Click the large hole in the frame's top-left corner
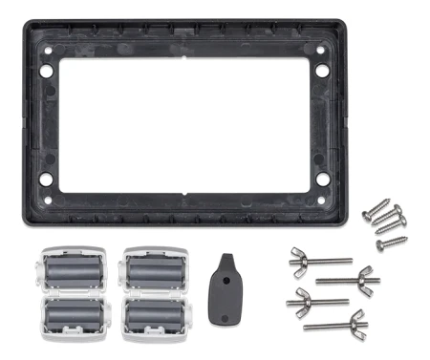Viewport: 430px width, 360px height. [x=44, y=70]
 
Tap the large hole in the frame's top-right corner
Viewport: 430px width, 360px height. [x=321, y=70]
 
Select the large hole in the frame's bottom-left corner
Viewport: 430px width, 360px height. [x=44, y=178]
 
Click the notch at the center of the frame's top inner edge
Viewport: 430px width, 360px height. [x=183, y=55]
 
